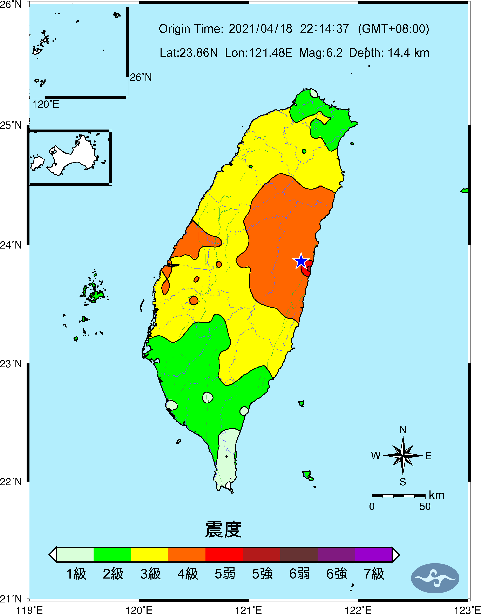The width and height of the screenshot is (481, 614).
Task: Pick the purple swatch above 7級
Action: pos(373,555)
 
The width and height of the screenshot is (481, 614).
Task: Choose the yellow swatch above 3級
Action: pos(150,555)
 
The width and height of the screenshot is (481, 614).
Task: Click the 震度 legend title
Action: pos(223,529)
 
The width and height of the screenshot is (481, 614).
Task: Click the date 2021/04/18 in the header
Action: pos(260,29)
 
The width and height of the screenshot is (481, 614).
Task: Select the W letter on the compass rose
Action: pos(376,456)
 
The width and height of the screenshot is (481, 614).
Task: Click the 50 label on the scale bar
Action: pos(425,507)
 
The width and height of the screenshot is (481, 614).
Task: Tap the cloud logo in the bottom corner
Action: pos(435,578)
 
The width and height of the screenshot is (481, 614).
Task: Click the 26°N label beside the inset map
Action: pos(141,77)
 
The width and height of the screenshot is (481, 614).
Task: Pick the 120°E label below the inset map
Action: pos(46,105)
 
